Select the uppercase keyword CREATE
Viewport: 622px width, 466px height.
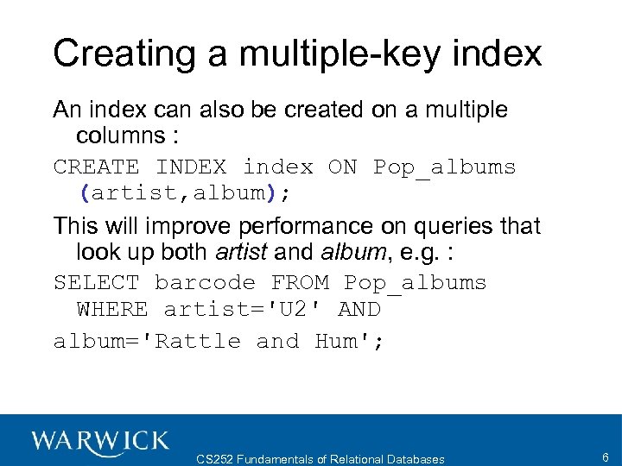pos(96,167)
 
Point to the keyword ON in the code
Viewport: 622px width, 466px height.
pos(342,167)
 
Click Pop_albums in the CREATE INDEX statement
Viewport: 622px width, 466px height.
pos(444,167)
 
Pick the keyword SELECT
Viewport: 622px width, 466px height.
pos(96,282)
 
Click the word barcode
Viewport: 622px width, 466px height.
pos(205,282)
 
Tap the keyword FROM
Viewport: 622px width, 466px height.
pos(299,282)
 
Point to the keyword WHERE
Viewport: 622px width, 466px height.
pos(112,308)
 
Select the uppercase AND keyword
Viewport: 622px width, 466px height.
pos(359,308)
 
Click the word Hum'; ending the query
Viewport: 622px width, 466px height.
pos(350,341)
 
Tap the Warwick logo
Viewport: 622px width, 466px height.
pos(100,440)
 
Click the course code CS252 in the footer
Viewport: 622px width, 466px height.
pos(214,459)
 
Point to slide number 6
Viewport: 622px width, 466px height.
pos(604,457)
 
